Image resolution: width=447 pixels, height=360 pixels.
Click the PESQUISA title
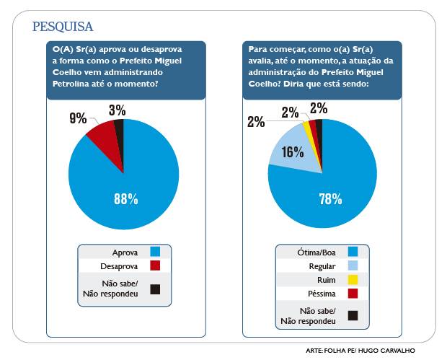coord(63,27)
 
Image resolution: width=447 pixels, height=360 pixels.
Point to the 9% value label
coord(78,118)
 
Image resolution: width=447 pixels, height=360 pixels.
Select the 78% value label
coord(329,200)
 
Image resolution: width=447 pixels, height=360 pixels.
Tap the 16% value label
coord(293,152)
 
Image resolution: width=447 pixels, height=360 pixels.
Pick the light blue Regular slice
coord(292,148)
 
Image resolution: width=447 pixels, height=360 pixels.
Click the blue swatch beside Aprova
coord(154,252)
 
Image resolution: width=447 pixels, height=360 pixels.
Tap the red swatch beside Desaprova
coord(154,265)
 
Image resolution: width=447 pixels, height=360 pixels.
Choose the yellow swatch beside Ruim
coord(353,279)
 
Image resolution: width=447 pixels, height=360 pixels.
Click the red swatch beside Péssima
coord(353,293)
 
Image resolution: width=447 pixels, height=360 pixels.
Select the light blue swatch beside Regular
coord(353,265)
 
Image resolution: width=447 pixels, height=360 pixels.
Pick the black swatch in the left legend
coord(154,289)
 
